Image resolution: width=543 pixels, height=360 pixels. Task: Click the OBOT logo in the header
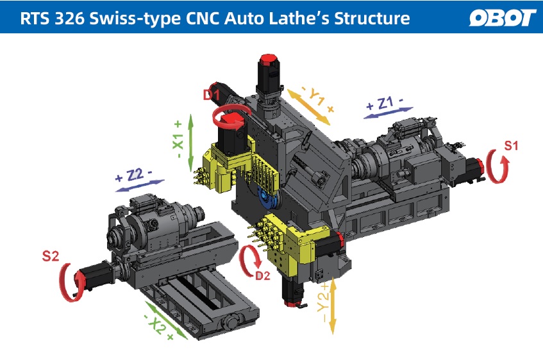pyautogui.click(x=502, y=17)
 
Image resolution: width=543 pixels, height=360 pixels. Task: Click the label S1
pyautogui.click(x=511, y=146)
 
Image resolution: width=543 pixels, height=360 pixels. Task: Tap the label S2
pyautogui.click(x=51, y=257)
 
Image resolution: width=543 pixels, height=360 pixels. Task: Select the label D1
pyautogui.click(x=212, y=95)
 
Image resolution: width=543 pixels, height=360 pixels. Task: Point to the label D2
pyautogui.click(x=263, y=277)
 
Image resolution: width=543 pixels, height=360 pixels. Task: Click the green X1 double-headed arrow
pyautogui.click(x=190, y=145)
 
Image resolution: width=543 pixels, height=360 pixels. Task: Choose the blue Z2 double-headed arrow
pyautogui.click(x=140, y=184)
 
